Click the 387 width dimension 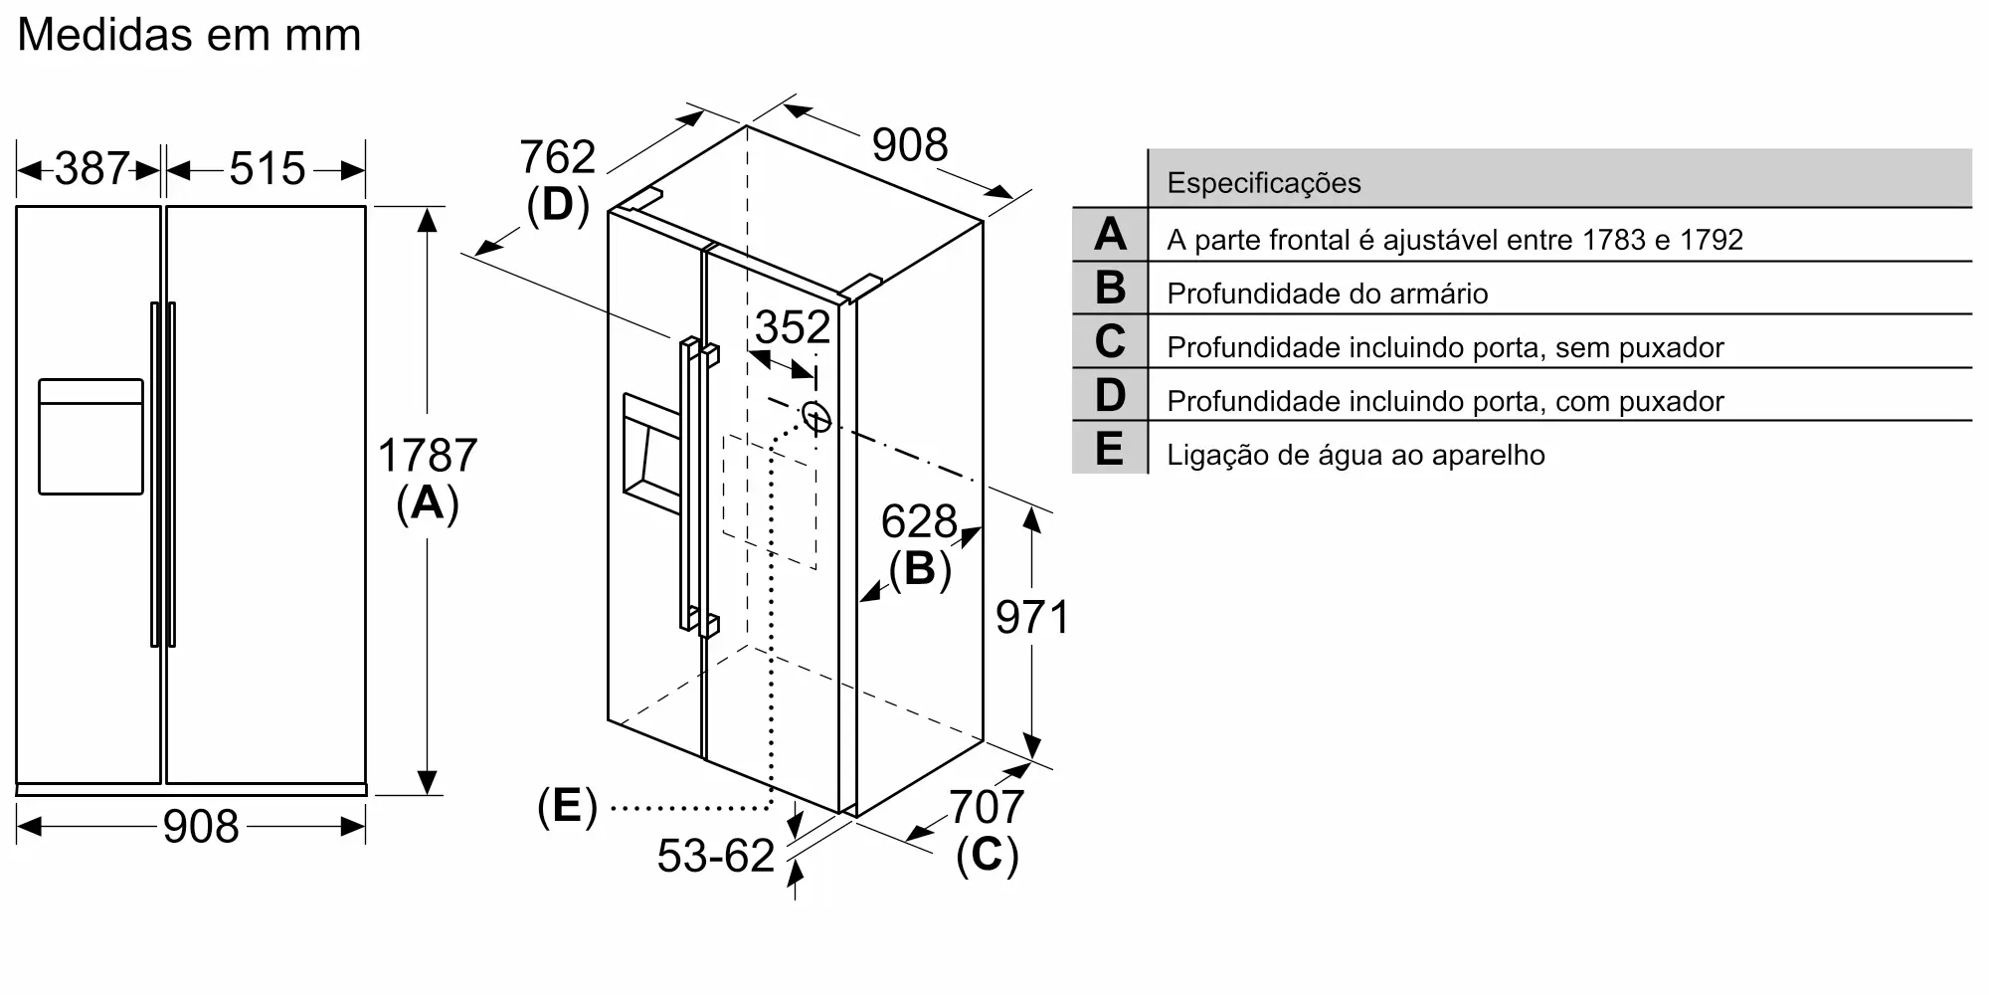(x=91, y=169)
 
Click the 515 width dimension (x=267, y=169)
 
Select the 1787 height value (x=428, y=456)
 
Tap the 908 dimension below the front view (x=201, y=827)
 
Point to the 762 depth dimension (x=557, y=157)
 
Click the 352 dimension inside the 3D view (x=792, y=327)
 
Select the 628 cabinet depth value (x=918, y=521)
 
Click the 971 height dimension (x=1032, y=618)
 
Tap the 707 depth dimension (x=986, y=807)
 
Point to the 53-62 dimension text (x=715, y=856)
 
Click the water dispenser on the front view (x=90, y=436)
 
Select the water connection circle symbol (x=815, y=418)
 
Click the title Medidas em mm (x=189, y=35)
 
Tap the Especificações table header (x=1263, y=183)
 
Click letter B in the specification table (x=1110, y=289)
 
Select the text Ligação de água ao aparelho (x=1356, y=456)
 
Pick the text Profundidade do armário (x=1327, y=295)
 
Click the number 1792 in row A (x=1711, y=240)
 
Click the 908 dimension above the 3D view (x=909, y=145)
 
